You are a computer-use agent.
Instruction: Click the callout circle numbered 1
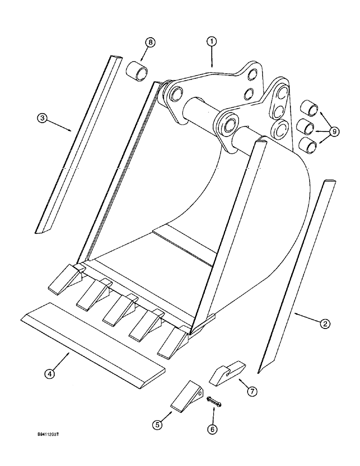point(212,42)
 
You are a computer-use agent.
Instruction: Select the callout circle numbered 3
point(42,118)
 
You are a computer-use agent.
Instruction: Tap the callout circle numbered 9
point(333,132)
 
